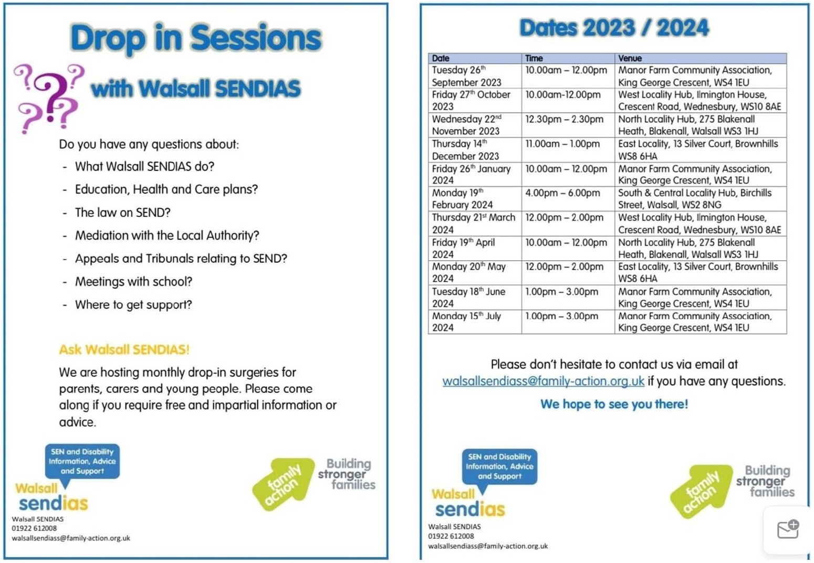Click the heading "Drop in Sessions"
pyautogui.click(x=196, y=39)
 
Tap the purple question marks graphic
pyautogui.click(x=48, y=98)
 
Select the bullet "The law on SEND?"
pyautogui.click(x=122, y=213)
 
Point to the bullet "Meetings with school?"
pyautogui.click(x=133, y=282)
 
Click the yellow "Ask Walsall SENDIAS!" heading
pyautogui.click(x=124, y=349)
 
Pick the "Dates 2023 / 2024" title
pyautogui.click(x=614, y=28)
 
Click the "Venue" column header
pyautogui.click(x=630, y=58)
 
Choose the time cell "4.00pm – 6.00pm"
pyautogui.click(x=562, y=193)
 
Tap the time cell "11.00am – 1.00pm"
pyautogui.click(x=562, y=144)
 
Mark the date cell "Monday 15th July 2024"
pyautogui.click(x=466, y=322)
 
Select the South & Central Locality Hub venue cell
pyautogui.click(x=694, y=199)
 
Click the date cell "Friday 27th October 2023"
pyautogui.click(x=471, y=100)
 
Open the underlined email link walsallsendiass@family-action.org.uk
pyautogui.click(x=543, y=381)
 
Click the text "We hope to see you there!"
pyautogui.click(x=614, y=404)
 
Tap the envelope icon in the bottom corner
pyautogui.click(x=787, y=529)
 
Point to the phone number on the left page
pyautogui.click(x=34, y=528)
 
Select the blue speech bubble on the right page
pyautogui.click(x=499, y=466)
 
